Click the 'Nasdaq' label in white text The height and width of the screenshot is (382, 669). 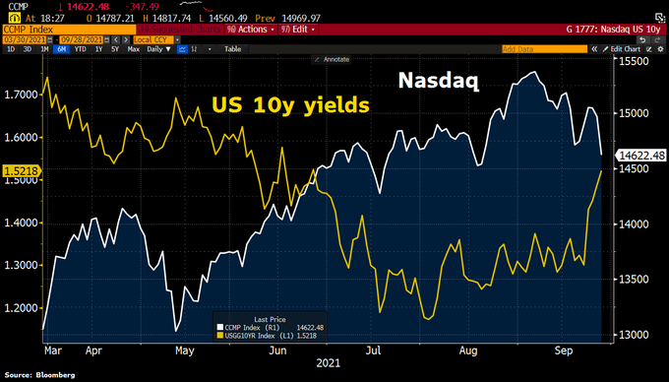coord(439,81)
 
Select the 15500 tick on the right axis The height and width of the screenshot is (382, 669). coord(636,61)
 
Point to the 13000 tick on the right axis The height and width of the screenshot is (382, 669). coord(636,334)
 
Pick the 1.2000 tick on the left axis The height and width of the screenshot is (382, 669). coord(22,308)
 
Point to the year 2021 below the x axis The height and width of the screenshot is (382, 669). coord(326,362)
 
